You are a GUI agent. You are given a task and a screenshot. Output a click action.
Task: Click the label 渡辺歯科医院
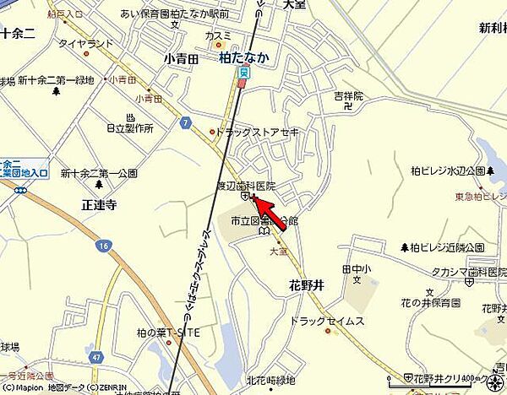pyautogui.click(x=246, y=185)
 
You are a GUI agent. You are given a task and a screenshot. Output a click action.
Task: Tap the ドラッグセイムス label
pyautogui.click(x=326, y=322)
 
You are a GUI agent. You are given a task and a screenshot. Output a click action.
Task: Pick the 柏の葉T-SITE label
pyautogui.click(x=168, y=334)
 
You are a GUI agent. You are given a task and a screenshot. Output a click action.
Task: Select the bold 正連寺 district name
pyautogui.click(x=99, y=204)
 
